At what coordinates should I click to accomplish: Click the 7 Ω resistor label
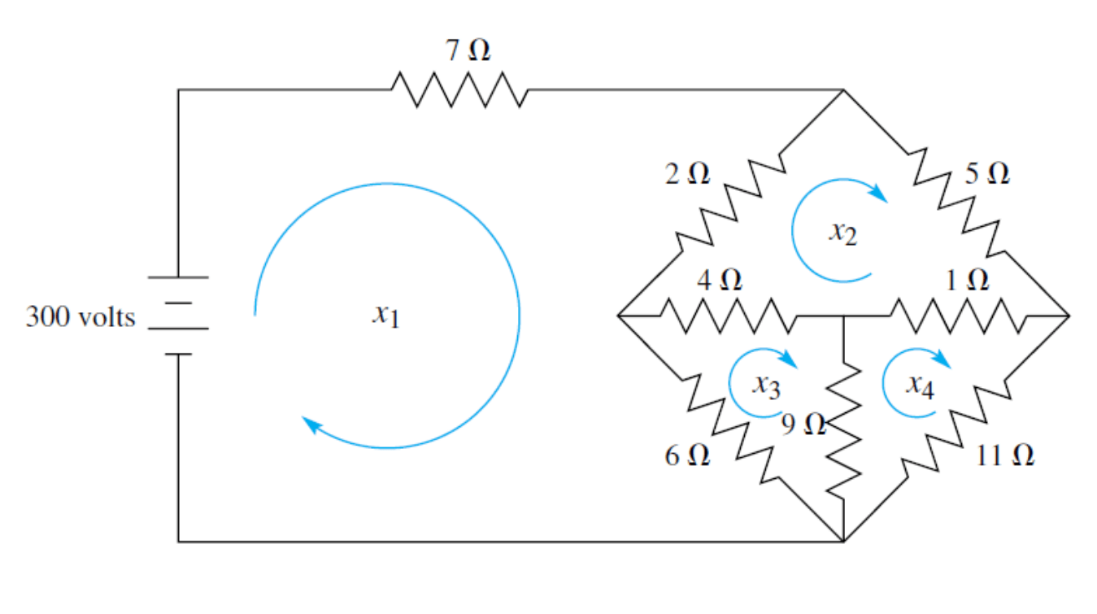[x=468, y=51]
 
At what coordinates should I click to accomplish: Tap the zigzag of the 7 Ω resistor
[x=460, y=89]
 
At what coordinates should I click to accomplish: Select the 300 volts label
[x=80, y=316]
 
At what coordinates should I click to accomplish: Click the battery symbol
[x=179, y=316]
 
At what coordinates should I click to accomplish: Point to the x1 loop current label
[x=385, y=316]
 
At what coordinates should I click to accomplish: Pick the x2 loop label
[x=842, y=233]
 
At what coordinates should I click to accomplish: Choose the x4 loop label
[x=921, y=385]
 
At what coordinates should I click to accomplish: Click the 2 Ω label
[x=688, y=173]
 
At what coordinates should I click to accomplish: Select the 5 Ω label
[x=987, y=173]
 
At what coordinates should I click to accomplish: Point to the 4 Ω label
[x=720, y=281]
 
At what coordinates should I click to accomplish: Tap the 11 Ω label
[x=1005, y=455]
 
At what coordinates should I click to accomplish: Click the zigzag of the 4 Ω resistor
[x=727, y=316]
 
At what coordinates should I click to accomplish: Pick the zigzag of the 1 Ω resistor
[x=958, y=316]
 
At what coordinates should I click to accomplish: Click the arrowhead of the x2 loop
[x=877, y=194]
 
